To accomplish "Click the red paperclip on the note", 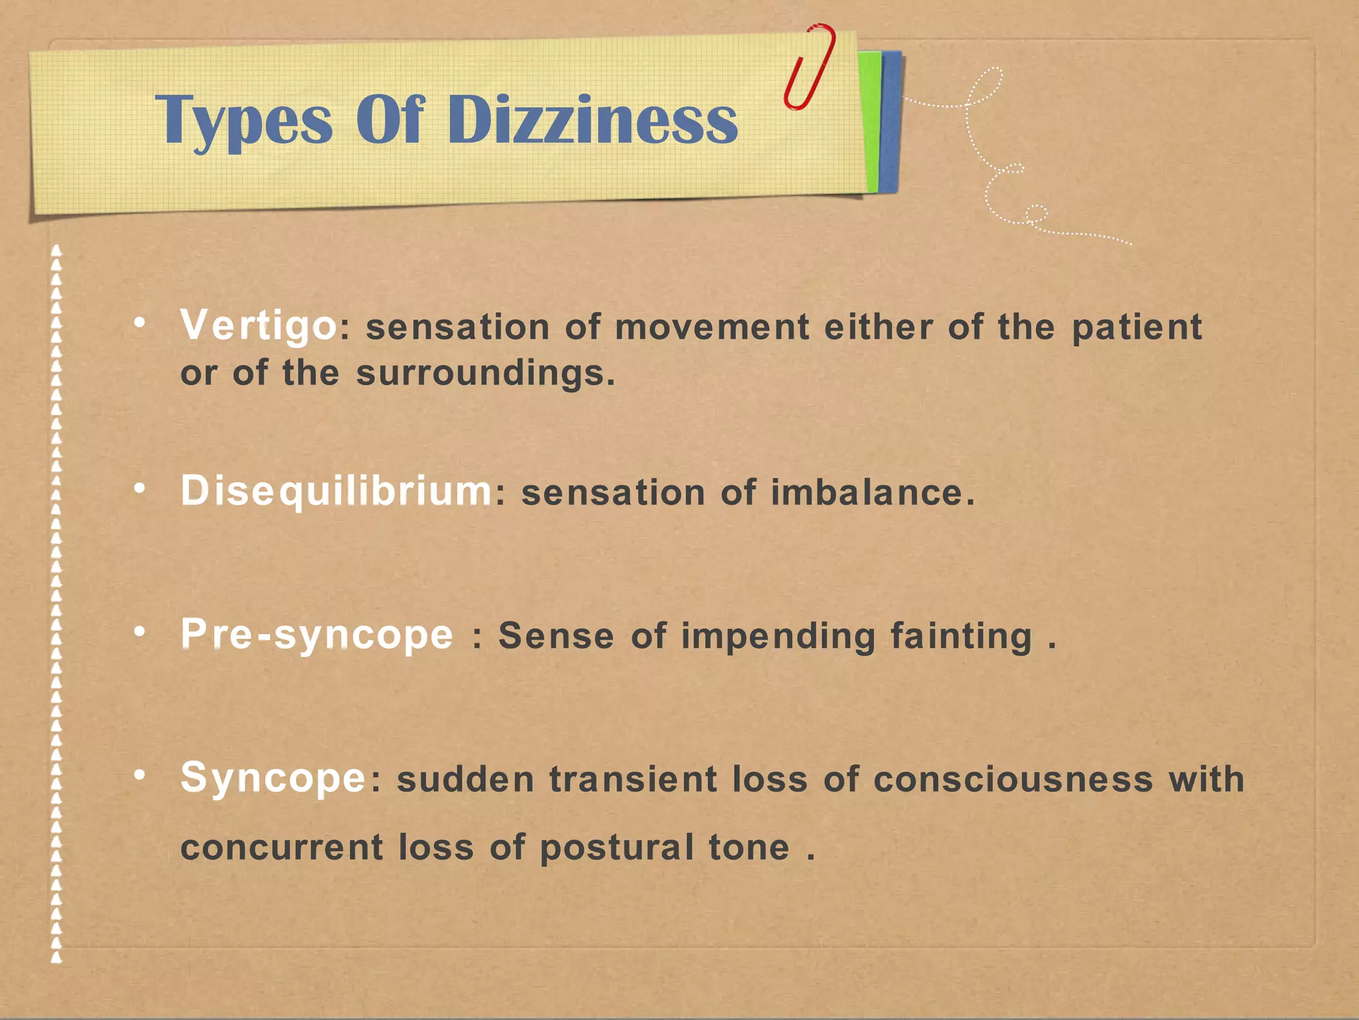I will pos(809,66).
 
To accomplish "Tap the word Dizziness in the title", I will pos(593,120).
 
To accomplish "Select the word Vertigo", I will pos(258,326).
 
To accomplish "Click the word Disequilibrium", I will pos(336,491).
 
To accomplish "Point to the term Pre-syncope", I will pos(317,634).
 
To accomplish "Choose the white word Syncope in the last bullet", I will pos(273,778).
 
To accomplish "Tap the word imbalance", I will pos(867,493).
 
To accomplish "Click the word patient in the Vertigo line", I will pos(1137,327).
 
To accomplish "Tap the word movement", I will pos(712,327).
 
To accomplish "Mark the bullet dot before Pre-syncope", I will pos(139,632).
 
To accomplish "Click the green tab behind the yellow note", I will pos(870,120).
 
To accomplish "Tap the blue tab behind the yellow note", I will pos(891,120).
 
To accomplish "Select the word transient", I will pos(633,779).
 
